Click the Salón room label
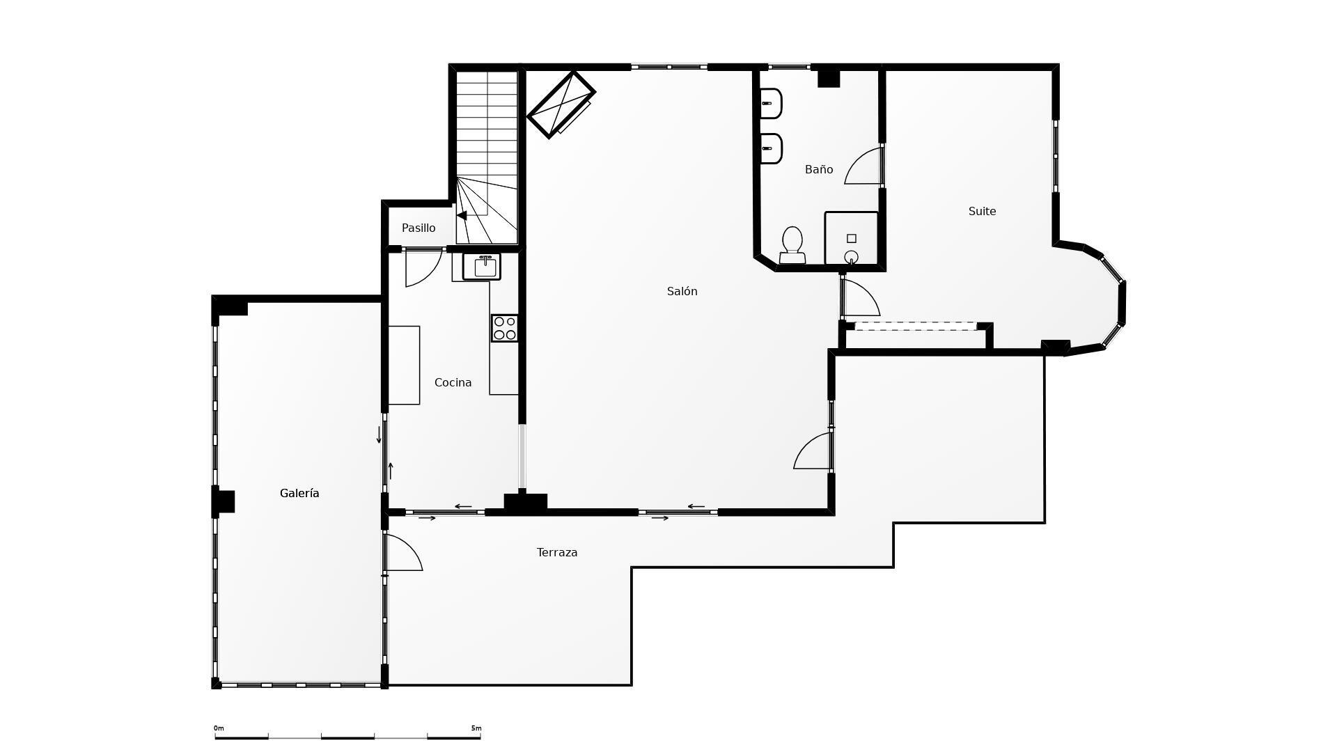682,291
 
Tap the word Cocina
453,382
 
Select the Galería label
299,493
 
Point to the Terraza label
557,552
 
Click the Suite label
982,211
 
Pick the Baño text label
819,169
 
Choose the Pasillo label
419,228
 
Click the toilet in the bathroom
792,245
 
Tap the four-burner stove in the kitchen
504,328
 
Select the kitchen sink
481,267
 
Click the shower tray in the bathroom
851,238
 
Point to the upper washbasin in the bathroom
771,104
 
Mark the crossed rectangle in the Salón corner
561,104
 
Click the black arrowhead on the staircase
462,216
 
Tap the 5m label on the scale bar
476,728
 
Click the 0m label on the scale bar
219,728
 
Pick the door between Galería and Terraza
402,551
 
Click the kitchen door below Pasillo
423,267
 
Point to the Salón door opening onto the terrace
811,451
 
